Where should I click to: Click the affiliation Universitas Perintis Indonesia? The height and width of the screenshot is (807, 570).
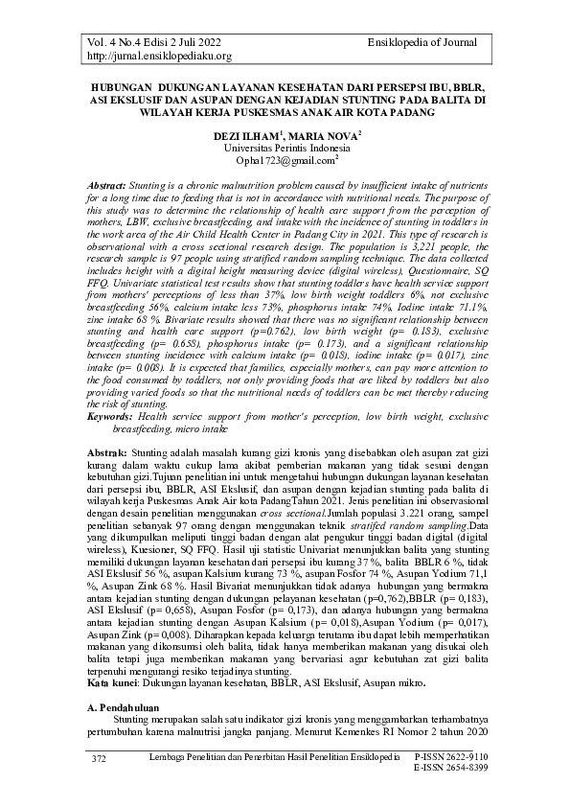tap(286, 150)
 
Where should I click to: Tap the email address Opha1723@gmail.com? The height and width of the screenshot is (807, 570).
tap(285, 161)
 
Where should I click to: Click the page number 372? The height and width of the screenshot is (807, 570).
tap(98, 758)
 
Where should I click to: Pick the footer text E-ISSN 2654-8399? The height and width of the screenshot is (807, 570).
tap(450, 769)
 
